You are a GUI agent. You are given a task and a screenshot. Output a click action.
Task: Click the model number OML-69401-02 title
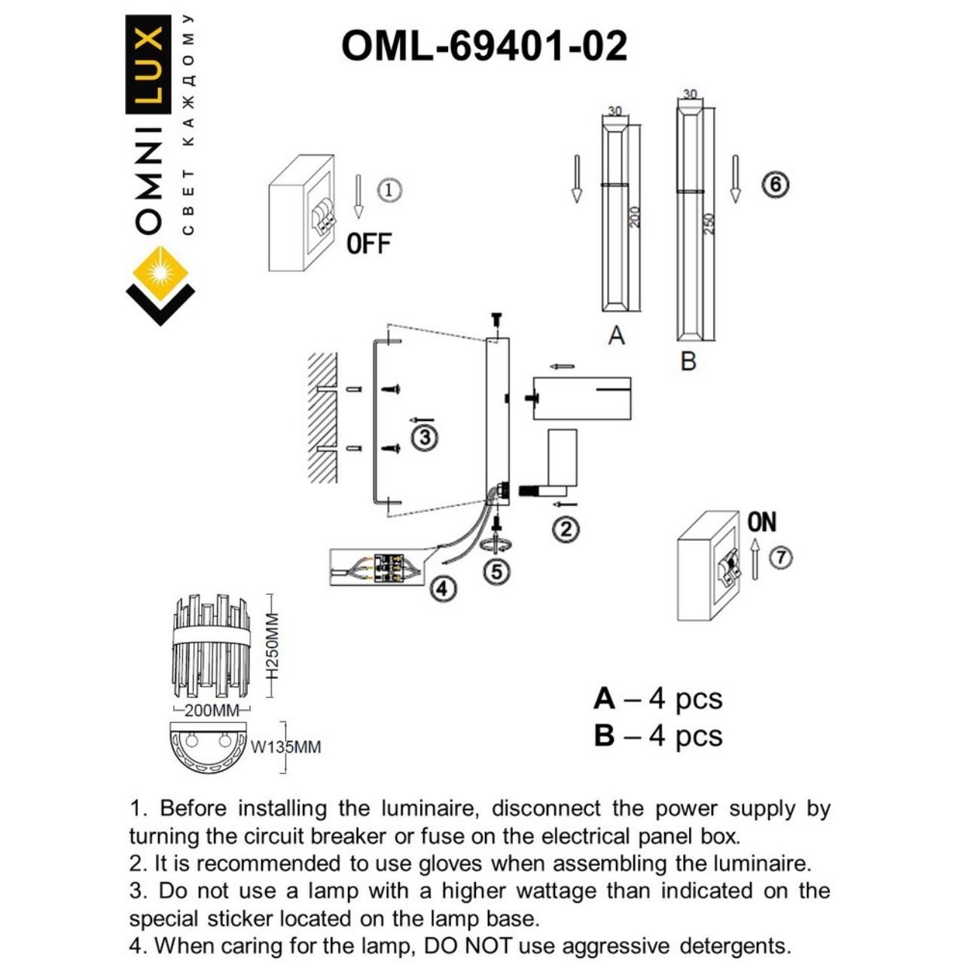coord(484,47)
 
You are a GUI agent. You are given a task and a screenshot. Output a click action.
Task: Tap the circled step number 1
coord(389,189)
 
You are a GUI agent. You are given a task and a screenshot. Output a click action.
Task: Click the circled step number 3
coord(425,437)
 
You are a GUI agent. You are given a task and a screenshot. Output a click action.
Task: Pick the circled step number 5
coord(496,572)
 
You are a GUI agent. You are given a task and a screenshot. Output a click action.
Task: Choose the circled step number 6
coord(776,185)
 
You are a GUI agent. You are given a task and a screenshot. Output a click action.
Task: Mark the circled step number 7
coord(782,558)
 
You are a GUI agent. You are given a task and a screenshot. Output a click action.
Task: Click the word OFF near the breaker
coord(369,244)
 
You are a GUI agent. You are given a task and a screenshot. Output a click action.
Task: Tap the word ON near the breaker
coord(762,521)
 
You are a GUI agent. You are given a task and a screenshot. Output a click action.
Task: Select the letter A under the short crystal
coord(616,336)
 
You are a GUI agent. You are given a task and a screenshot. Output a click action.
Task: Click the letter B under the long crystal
coord(688,361)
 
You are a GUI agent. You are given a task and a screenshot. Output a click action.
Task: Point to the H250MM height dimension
coord(273,645)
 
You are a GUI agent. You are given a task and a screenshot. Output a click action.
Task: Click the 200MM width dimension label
coord(212,710)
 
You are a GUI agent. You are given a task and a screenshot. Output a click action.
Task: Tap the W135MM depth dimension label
coord(285,747)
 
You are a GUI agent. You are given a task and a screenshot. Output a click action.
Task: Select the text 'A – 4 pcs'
coord(657,699)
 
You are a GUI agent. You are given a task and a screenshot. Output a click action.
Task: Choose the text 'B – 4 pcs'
coord(657,736)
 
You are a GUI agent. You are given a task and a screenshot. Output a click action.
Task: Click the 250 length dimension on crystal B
coord(709,224)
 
